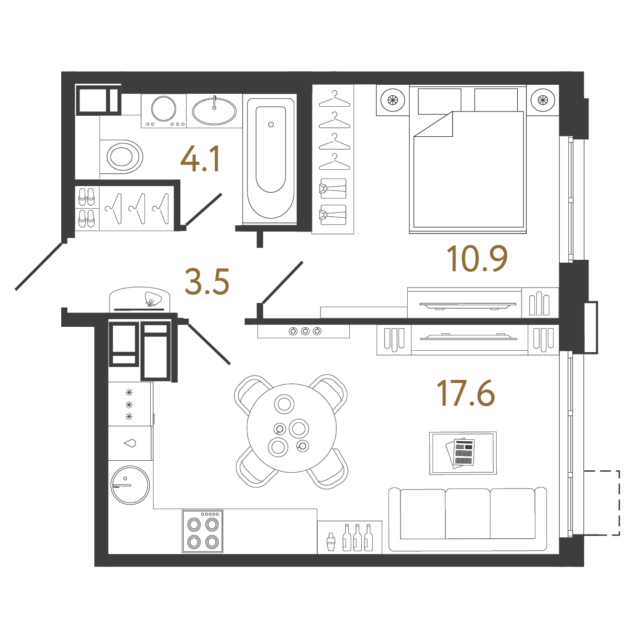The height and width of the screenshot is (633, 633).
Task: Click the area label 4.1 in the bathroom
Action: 200,159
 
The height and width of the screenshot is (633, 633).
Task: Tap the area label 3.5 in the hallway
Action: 207,282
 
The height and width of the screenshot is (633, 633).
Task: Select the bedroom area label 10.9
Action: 477,259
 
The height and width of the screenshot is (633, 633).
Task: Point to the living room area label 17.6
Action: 466,394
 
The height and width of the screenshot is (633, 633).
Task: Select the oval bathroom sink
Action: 214,111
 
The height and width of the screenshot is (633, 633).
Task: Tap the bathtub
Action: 270,157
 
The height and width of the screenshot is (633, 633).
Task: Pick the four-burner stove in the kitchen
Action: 202,532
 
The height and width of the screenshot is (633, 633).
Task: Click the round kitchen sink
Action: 130,485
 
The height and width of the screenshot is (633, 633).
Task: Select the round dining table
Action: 291,428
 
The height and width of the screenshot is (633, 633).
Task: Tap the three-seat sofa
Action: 467,519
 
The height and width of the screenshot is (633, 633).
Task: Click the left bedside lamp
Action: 392,100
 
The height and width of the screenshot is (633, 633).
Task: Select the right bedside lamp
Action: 543,100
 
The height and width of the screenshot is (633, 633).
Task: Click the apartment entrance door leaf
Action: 39,266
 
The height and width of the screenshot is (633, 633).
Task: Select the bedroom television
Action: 467,305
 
